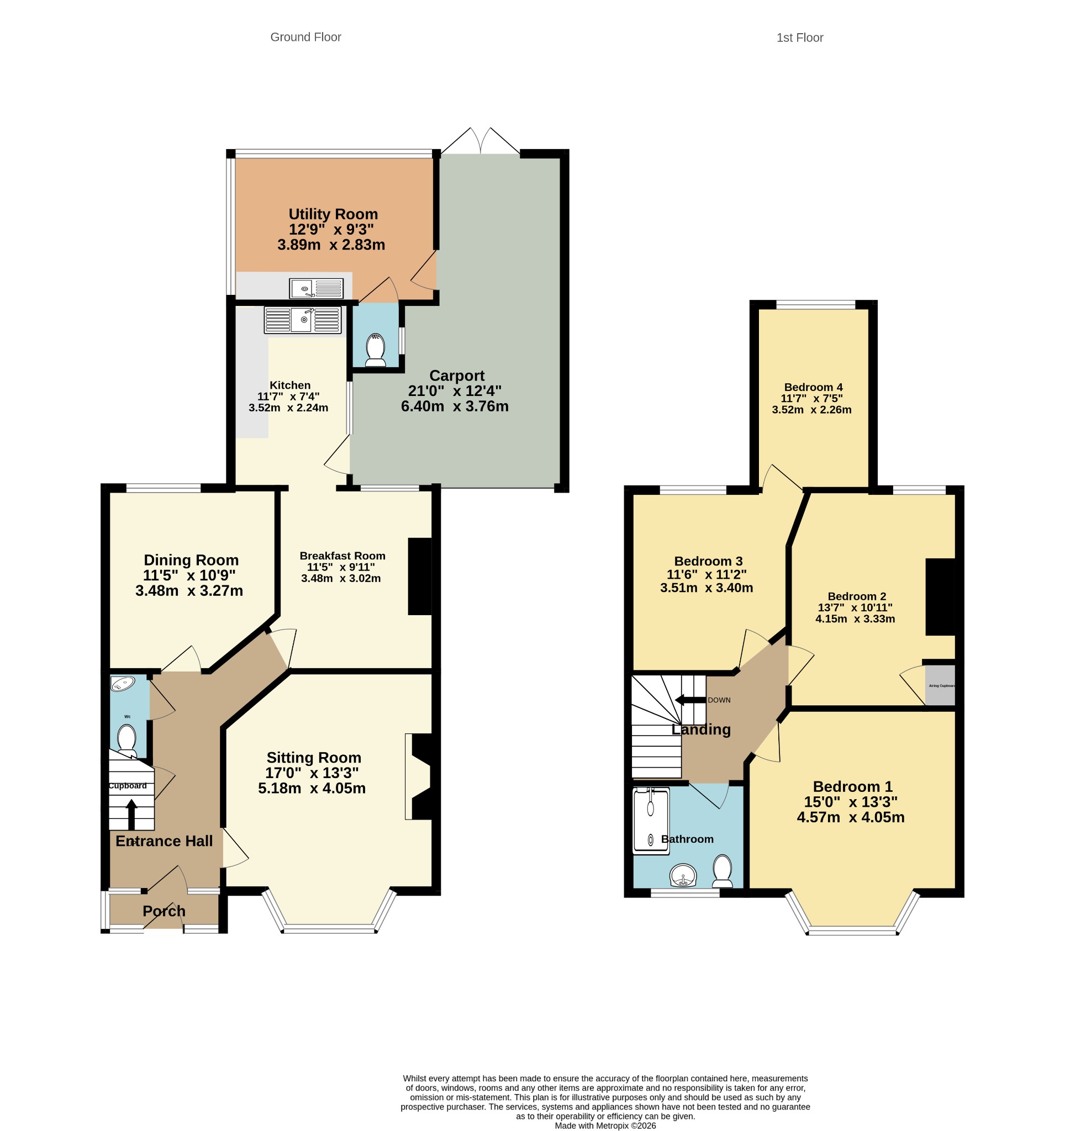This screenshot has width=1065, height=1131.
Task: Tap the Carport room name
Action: [457, 376]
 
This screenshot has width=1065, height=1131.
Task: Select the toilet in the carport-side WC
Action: [376, 350]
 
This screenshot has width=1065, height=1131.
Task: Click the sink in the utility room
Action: [317, 288]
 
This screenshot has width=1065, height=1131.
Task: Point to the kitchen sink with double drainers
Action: [303, 320]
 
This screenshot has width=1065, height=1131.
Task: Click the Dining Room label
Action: [191, 560]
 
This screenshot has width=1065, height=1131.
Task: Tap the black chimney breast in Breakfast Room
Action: [420, 577]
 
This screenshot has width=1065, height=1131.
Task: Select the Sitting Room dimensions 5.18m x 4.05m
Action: [312, 788]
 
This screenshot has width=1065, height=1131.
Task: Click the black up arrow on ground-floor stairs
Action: [131, 814]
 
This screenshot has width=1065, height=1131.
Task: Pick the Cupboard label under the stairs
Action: [128, 786]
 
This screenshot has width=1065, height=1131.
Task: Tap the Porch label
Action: [164, 911]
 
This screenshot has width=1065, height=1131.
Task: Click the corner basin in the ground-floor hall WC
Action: [122, 683]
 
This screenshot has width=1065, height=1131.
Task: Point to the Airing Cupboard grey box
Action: [940, 685]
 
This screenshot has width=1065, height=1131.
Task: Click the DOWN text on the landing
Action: [719, 700]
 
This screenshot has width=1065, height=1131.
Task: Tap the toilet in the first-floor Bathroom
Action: [723, 871]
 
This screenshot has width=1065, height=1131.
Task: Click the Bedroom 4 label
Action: [813, 387]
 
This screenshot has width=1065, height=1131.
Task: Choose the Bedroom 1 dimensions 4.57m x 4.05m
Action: [851, 817]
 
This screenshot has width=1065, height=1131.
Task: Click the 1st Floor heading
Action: [800, 38]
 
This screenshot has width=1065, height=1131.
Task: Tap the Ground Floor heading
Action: [305, 37]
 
